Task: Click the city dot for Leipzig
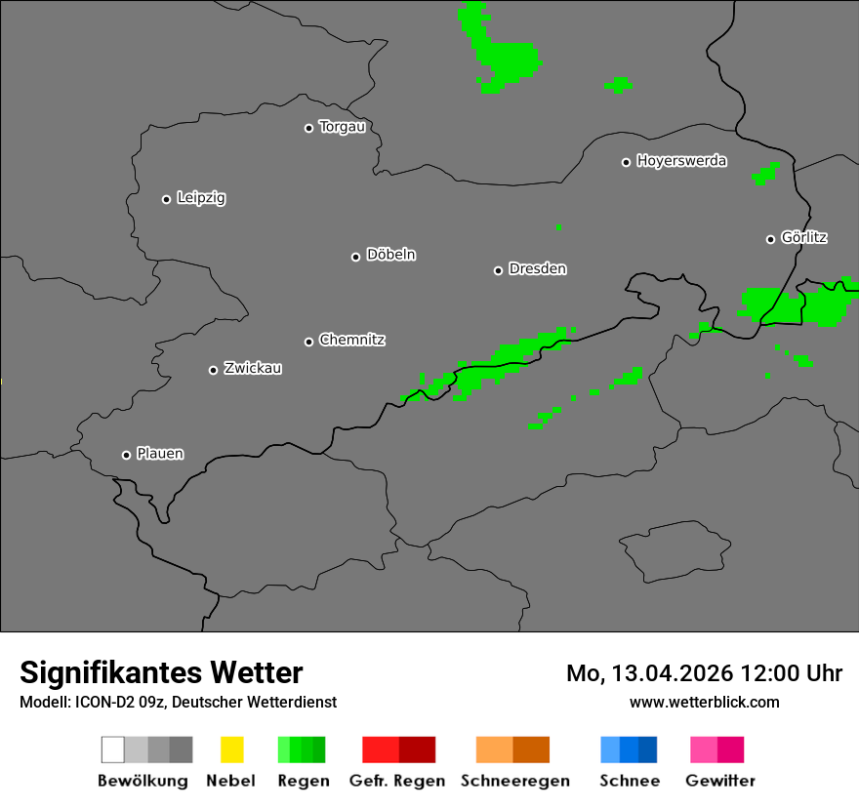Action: (x=166, y=199)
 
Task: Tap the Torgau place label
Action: (x=342, y=127)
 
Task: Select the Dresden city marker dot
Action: (x=498, y=270)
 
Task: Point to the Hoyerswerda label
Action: (x=681, y=161)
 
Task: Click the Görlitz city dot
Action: (x=770, y=239)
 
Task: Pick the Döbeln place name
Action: (x=390, y=255)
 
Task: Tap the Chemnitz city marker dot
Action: (x=308, y=342)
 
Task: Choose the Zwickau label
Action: (x=253, y=368)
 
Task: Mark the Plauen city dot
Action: (x=126, y=455)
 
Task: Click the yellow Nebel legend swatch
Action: (x=231, y=749)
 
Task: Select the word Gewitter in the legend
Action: (x=720, y=781)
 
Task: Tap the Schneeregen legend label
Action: (x=515, y=781)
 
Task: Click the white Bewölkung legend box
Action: (x=113, y=749)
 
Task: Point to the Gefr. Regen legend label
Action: (x=397, y=781)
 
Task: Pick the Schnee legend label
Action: (x=630, y=781)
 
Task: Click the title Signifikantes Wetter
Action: (x=161, y=672)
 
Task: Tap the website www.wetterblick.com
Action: (x=705, y=702)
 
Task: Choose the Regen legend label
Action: (x=304, y=781)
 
